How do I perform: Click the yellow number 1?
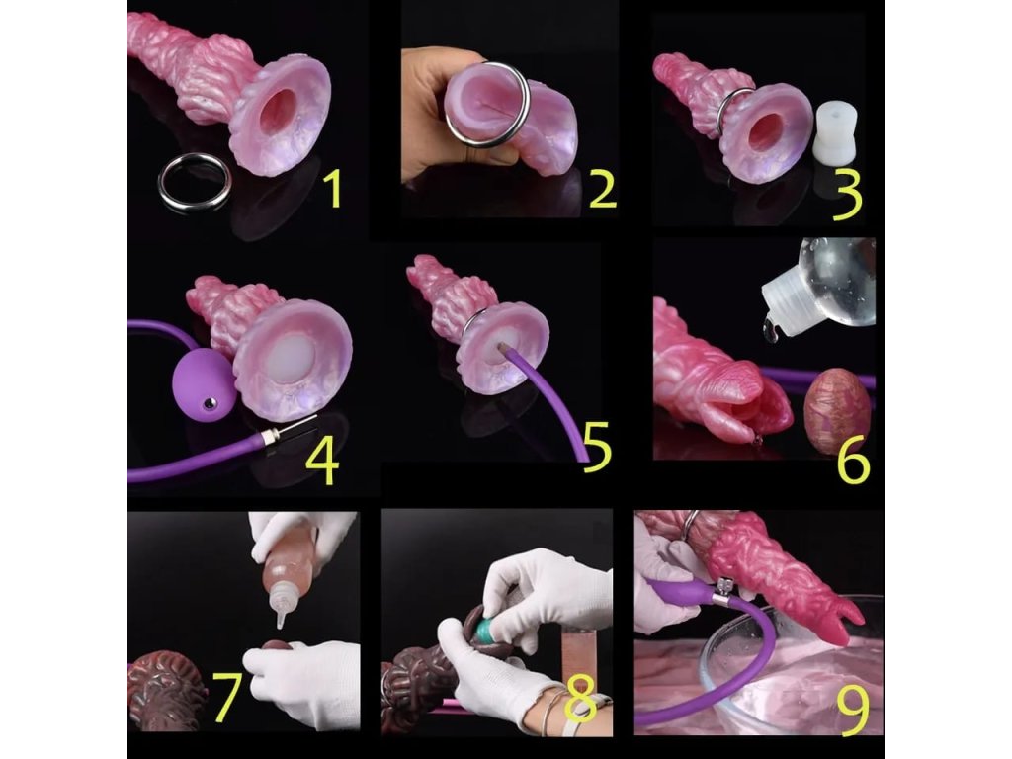tap(333, 188)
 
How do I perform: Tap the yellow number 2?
tap(603, 190)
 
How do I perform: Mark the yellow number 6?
tap(853, 462)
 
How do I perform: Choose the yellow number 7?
tap(227, 697)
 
